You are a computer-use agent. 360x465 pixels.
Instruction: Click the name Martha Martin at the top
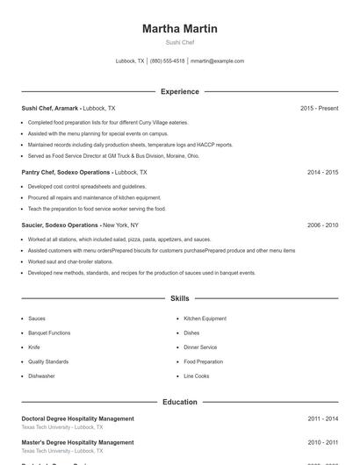pos(179,29)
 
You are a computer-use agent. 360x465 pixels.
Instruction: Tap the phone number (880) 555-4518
pos(167,61)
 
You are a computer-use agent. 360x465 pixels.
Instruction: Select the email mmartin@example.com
pos(217,61)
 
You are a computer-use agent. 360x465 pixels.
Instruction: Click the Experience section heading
pos(179,91)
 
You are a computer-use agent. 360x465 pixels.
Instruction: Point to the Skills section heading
pos(179,299)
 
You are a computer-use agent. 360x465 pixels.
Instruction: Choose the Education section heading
pos(179,402)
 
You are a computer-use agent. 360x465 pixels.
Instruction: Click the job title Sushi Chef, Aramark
pos(50,108)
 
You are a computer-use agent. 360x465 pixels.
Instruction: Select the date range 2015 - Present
pos(319,108)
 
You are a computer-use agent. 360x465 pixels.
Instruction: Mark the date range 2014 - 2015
pos(322,173)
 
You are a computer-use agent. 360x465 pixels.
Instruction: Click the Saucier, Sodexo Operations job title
pos(60,225)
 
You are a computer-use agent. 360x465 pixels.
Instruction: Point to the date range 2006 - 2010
pos(322,225)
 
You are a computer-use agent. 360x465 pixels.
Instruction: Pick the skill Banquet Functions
pos(49,333)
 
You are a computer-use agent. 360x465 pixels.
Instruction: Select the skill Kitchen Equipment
pos(205,318)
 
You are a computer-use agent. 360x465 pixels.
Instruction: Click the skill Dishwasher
pos(41,376)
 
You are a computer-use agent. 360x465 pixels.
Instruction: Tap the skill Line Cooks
pos(196,376)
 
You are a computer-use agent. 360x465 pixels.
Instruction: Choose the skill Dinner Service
pos(200,347)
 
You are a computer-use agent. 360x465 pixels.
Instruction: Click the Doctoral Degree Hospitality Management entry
pos(78,418)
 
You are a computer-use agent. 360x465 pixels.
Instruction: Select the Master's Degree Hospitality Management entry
pos(77,442)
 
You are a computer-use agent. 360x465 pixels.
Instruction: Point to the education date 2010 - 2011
pos(322,442)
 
